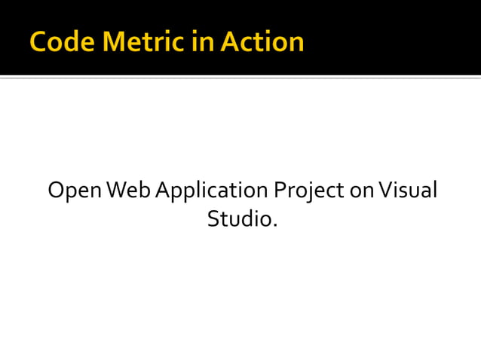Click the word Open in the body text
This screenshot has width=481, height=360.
tap(75, 191)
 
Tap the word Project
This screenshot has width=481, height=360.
tap(309, 191)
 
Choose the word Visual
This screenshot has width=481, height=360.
tap(408, 191)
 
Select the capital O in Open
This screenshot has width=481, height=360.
tap(56, 191)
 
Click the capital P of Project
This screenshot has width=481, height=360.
tap(279, 191)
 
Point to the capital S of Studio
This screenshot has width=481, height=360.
tap(213, 219)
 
